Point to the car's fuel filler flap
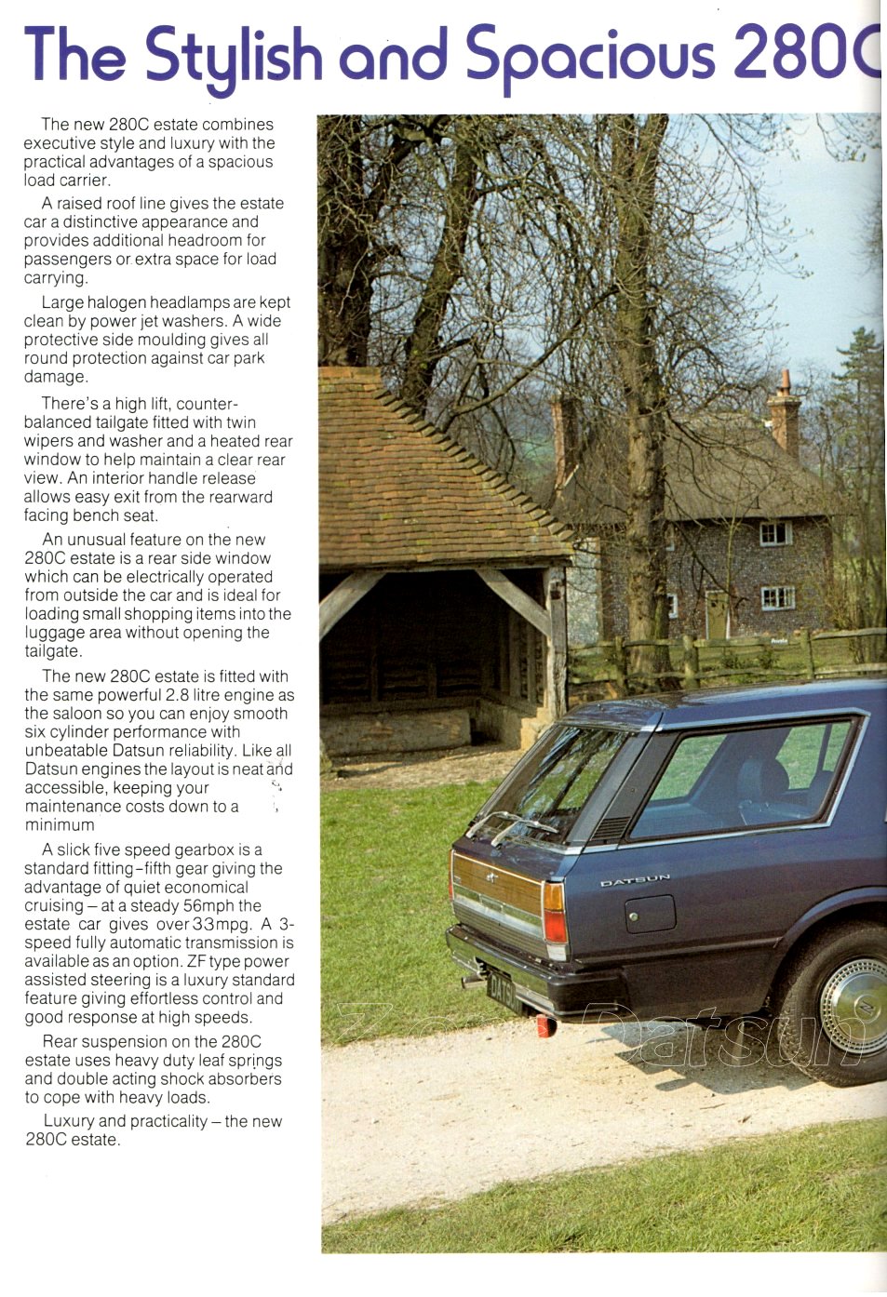click(650, 914)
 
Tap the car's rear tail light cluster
click(554, 914)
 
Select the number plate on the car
click(500, 990)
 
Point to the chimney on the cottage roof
click(785, 414)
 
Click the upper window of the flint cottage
click(774, 533)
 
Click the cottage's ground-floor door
click(716, 614)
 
